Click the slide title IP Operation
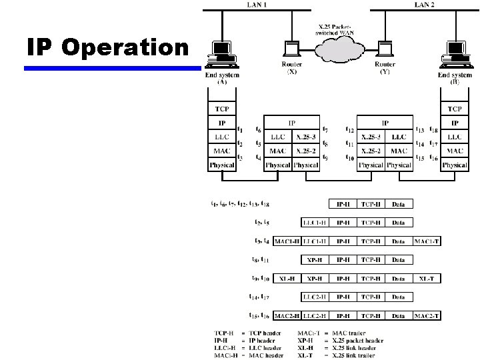pyautogui.click(x=108, y=47)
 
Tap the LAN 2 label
pyautogui.click(x=424, y=5)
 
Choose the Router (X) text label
pyautogui.click(x=292, y=68)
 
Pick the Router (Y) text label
pyautogui.click(x=385, y=68)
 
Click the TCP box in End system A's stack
pyautogui.click(x=221, y=109)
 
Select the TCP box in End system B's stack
pyautogui.click(x=455, y=109)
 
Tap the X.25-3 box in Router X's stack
pyautogui.click(x=305, y=137)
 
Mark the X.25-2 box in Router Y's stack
pyautogui.click(x=371, y=151)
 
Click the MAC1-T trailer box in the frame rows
pyautogui.click(x=427, y=241)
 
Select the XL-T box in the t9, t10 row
pyautogui.click(x=427, y=278)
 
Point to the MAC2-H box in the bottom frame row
pyautogui.click(x=287, y=315)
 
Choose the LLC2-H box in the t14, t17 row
pyautogui.click(x=315, y=297)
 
